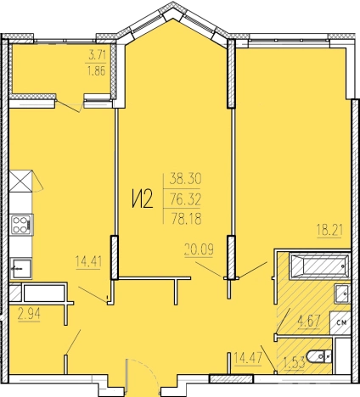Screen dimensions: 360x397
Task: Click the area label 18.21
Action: [x=330, y=230]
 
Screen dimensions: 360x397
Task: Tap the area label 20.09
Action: [x=199, y=249]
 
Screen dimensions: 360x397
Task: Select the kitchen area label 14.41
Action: [x=88, y=261]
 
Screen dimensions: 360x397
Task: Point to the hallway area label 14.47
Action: [x=248, y=358]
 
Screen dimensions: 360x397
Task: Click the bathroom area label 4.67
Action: [x=308, y=322]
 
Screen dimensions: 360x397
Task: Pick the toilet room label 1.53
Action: [x=295, y=362]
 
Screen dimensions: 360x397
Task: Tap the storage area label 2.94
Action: [x=29, y=314]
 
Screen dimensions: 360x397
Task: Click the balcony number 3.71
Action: [x=97, y=55]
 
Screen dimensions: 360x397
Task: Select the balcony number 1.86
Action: [x=97, y=70]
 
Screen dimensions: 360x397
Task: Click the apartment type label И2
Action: [x=143, y=198]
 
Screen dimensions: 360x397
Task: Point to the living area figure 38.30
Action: [x=185, y=179]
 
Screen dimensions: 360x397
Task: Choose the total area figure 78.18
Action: [x=187, y=219]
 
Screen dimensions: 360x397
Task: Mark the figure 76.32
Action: [x=185, y=199]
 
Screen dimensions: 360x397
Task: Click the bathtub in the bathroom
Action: [x=319, y=266]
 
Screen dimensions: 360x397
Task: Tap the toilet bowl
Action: [x=319, y=356]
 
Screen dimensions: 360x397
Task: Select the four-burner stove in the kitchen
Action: [x=22, y=225]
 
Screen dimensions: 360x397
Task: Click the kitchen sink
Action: [x=20, y=268]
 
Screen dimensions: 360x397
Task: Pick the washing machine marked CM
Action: [x=340, y=322]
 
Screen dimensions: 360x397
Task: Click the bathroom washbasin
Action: [x=342, y=294]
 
